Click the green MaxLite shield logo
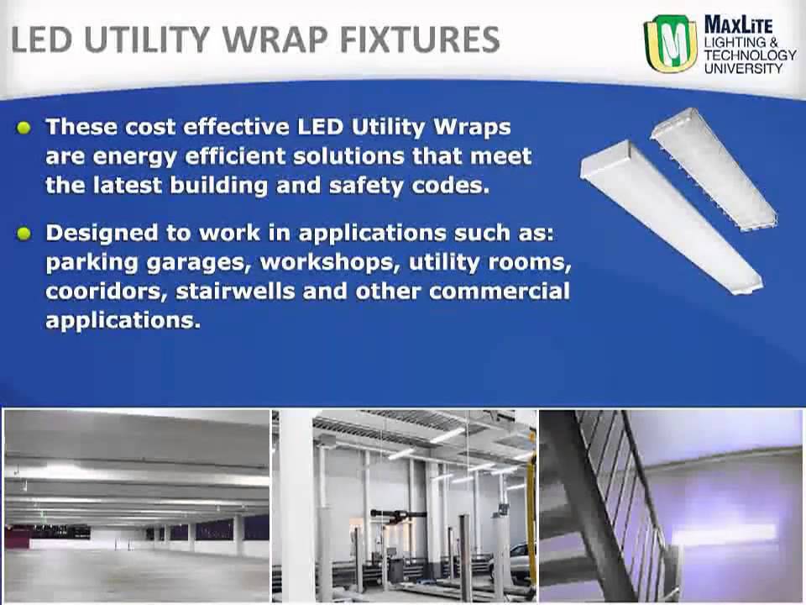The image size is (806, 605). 670,44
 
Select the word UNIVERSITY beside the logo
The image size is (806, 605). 742,67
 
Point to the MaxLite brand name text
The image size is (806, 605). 738,24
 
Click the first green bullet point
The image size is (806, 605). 24,128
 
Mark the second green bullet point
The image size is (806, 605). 24,234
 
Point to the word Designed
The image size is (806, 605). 96,233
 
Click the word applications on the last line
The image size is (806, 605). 123,321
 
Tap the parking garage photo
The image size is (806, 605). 137,504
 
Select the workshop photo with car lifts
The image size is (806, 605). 404,504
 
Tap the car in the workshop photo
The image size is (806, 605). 520,555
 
